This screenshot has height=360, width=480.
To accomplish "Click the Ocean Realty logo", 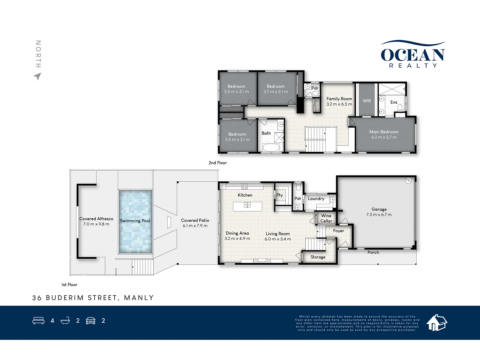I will (413, 55).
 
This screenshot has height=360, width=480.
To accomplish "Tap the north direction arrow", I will (38, 76).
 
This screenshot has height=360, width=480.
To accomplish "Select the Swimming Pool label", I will (135, 221).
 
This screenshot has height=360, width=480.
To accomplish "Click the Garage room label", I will (379, 209).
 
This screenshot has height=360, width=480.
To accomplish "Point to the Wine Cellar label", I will (326, 218).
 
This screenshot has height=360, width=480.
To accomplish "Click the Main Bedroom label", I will (384, 132).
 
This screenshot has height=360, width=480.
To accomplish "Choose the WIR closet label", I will (367, 101).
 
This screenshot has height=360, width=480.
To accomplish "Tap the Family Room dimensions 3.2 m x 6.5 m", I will (339, 104).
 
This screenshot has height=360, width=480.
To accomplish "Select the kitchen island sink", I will (247, 205).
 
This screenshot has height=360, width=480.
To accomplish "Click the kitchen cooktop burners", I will (244, 186).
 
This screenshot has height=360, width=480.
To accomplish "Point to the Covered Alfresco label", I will (96, 219).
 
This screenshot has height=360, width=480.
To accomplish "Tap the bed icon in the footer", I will (38, 321).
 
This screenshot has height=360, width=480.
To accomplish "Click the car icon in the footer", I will (91, 321).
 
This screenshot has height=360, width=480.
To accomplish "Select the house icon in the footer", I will (437, 322).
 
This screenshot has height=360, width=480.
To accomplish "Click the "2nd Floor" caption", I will (218, 163).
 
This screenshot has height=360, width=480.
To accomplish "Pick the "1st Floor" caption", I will (69, 285).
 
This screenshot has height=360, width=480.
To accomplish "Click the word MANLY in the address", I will (139, 298).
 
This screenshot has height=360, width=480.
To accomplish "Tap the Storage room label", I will (318, 257).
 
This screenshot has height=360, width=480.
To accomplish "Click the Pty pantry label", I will (280, 195).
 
